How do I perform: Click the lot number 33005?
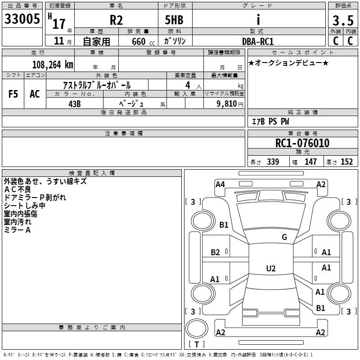click(x=22, y=19)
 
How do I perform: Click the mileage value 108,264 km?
click(x=53, y=64)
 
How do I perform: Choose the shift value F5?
click(x=13, y=94)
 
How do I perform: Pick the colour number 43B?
click(x=74, y=103)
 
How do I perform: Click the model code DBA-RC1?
click(x=258, y=41)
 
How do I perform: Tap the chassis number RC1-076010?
click(x=302, y=144)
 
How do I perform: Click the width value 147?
click(x=310, y=162)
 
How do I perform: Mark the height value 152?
click(x=346, y=162)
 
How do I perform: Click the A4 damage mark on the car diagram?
click(x=220, y=184)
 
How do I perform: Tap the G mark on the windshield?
click(x=284, y=237)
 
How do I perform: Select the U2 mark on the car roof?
click(x=270, y=269)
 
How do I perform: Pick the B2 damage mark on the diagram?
click(x=216, y=252)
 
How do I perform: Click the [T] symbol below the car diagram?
click(x=197, y=344)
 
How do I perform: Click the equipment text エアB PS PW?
click(x=270, y=121)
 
